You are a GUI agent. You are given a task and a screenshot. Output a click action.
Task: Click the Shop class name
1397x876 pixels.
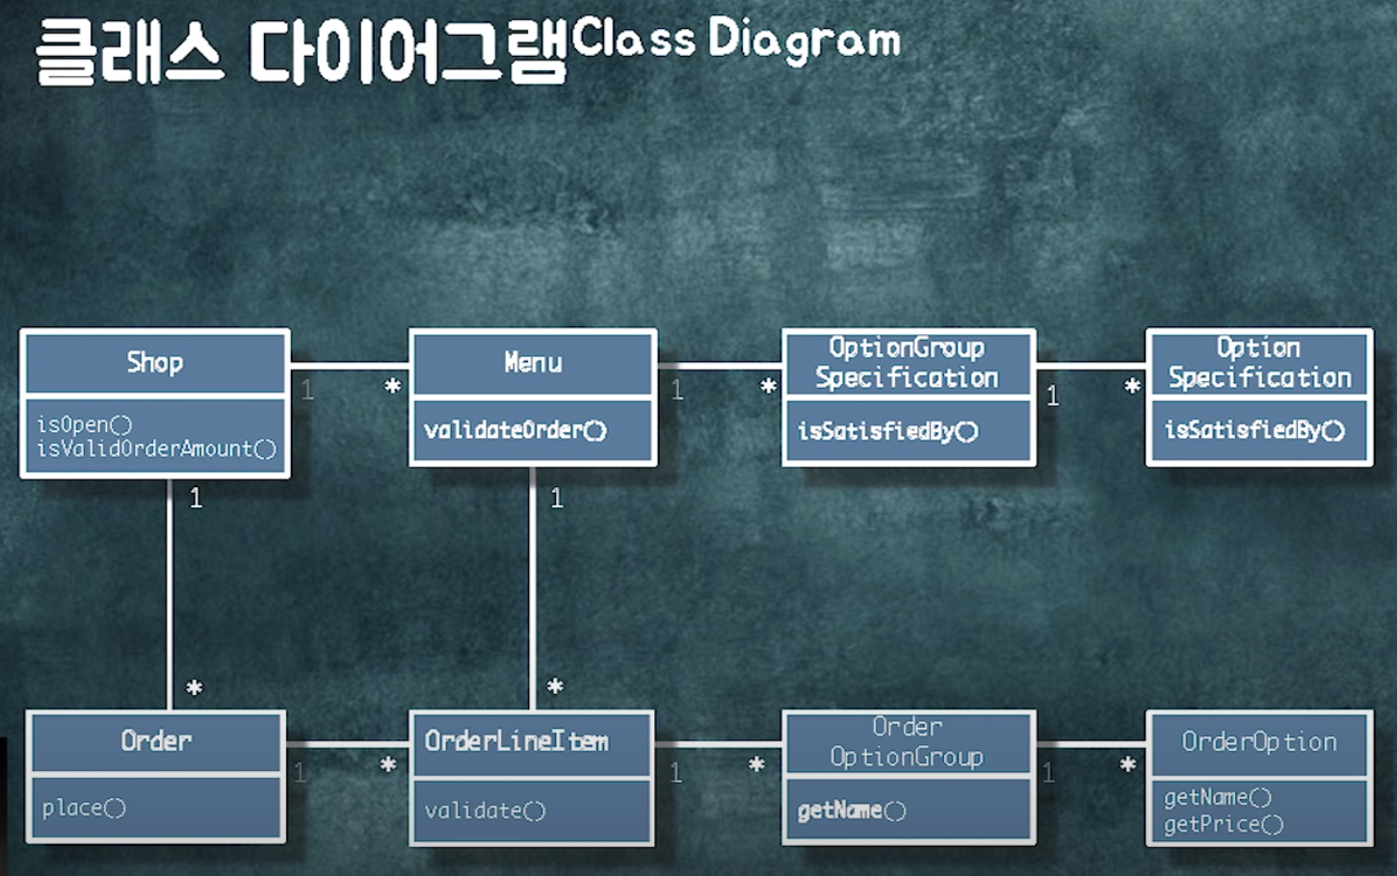pyautogui.click(x=154, y=363)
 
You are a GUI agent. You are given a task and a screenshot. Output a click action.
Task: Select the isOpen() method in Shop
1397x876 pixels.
pyautogui.click(x=84, y=424)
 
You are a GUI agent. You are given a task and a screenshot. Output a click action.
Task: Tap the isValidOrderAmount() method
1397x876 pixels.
pyautogui.click(x=156, y=449)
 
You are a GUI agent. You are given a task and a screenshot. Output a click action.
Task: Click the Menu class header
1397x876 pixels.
pyautogui.click(x=533, y=363)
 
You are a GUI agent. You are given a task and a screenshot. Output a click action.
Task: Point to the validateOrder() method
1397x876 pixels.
pyautogui.click(x=515, y=430)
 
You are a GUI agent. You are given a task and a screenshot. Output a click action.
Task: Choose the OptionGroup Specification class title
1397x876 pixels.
pyautogui.click(x=907, y=363)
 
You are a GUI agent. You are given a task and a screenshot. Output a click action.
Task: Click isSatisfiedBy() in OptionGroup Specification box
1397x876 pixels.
pyautogui.click(x=887, y=431)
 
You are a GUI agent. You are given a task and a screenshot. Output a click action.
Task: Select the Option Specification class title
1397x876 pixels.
pyautogui.click(x=1259, y=363)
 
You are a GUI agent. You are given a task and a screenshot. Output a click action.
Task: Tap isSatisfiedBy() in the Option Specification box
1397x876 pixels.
pyautogui.click(x=1254, y=430)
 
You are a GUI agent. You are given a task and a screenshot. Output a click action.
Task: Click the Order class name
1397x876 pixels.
pyautogui.click(x=156, y=741)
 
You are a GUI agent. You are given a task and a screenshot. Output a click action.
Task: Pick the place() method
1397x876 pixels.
pyautogui.click(x=84, y=808)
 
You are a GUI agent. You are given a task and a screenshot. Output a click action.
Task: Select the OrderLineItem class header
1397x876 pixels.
pyautogui.click(x=516, y=741)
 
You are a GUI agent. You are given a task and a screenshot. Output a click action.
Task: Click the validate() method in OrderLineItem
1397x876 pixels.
pyautogui.click(x=485, y=811)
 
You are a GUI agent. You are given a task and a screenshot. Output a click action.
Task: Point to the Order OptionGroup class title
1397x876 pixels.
pyautogui.click(x=907, y=742)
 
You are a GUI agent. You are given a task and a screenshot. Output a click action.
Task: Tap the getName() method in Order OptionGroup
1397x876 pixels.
pyautogui.click(x=852, y=811)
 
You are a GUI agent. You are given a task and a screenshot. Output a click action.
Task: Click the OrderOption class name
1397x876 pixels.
pyautogui.click(x=1259, y=742)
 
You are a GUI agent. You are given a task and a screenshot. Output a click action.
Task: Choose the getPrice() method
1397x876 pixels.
pyautogui.click(x=1224, y=825)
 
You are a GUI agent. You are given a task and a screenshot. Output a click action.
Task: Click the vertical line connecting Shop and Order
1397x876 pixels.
pyautogui.click(x=171, y=597)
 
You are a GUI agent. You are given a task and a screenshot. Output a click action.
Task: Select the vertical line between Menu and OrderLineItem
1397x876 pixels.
pyautogui.click(x=532, y=597)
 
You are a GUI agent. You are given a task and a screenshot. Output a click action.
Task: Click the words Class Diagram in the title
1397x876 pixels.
pyautogui.click(x=736, y=40)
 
